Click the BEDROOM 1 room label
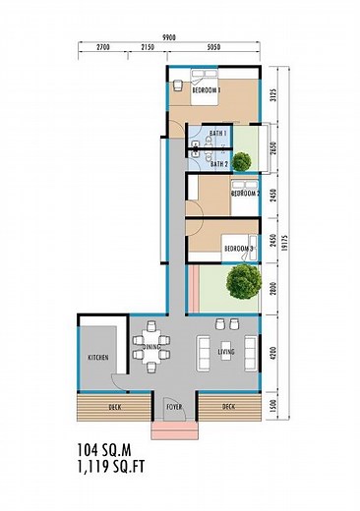coord(206,90)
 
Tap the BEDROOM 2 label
coord(244,194)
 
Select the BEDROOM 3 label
coord(238,249)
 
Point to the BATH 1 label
coord(219,134)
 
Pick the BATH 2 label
coord(219,164)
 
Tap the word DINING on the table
coord(151,347)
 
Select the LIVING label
coord(225,351)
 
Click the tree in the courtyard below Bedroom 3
coord(240,283)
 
